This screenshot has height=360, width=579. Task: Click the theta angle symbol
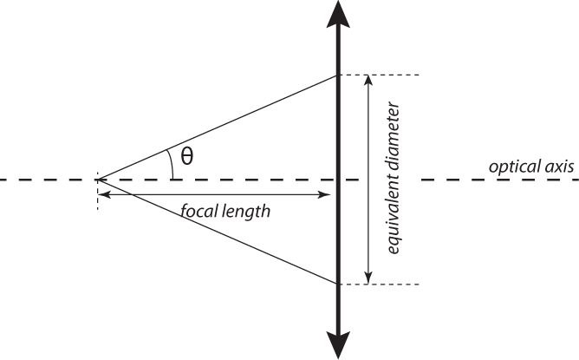[187, 156]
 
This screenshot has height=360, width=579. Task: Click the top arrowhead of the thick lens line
[338, 14]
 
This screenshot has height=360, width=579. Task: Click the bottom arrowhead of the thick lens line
[338, 345]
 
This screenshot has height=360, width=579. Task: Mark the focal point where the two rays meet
[98, 180]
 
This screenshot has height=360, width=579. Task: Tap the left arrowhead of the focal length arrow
[105, 194]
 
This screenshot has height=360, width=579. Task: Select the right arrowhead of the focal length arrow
[324, 194]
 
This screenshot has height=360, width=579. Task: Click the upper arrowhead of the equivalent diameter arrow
[368, 82]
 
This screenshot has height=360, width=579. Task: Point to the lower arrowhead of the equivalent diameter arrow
[368, 278]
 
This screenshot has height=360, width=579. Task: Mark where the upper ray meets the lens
[337, 75]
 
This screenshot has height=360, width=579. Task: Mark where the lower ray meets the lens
[337, 284]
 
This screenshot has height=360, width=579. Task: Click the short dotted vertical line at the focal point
[97, 191]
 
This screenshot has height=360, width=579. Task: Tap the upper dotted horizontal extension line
[379, 75]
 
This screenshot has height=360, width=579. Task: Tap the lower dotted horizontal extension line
[379, 285]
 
